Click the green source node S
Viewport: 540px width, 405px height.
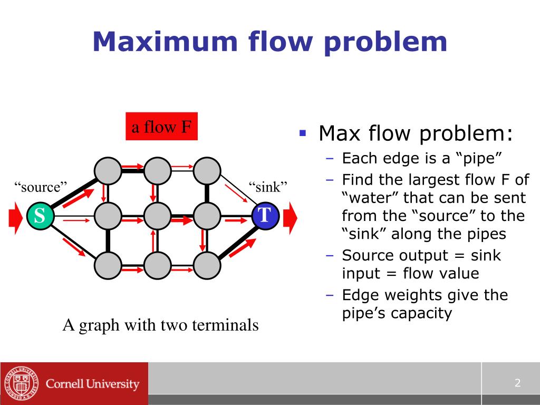(40, 216)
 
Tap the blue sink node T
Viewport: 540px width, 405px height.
(265, 216)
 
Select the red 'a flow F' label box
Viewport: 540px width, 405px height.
(161, 127)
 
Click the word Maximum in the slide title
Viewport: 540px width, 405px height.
(158, 42)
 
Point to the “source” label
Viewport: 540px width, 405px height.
(41, 187)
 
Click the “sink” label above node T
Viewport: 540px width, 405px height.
(268, 187)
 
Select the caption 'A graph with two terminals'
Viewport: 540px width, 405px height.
(160, 325)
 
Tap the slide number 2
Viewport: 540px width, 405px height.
(517, 383)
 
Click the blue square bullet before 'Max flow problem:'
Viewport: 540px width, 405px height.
(303, 133)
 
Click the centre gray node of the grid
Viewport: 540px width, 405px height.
(158, 216)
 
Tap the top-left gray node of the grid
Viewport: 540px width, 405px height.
(108, 171)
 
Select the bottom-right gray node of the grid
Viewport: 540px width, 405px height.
(207, 265)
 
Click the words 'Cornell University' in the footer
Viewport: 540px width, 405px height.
(93, 384)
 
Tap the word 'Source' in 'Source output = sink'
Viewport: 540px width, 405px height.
(368, 255)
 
